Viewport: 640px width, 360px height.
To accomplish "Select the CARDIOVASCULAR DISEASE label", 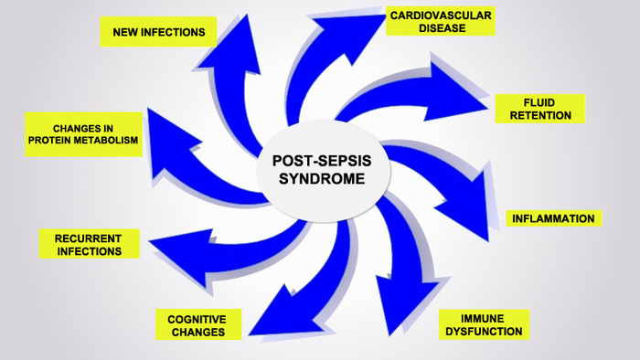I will pyautogui.click(x=441, y=21).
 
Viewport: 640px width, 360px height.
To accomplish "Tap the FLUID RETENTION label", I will pyautogui.click(x=539, y=109).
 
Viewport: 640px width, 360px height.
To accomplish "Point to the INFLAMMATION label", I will pyautogui.click(x=553, y=218).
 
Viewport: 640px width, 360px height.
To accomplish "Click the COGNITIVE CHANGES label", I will pyautogui.click(x=197, y=324).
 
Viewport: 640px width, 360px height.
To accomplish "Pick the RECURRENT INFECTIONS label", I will pyautogui.click(x=90, y=244).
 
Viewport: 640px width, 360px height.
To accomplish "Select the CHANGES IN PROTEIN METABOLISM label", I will pyautogui.click(x=83, y=134).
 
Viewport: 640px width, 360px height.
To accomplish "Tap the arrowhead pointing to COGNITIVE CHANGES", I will pyautogui.click(x=265, y=315).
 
